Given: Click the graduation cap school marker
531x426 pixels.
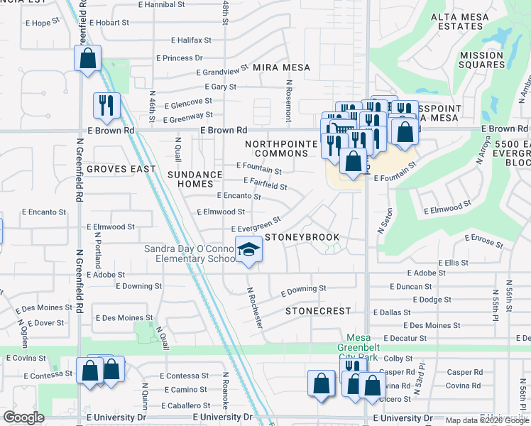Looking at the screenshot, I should coord(248,250).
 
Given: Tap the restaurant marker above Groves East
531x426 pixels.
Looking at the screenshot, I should coord(106,105).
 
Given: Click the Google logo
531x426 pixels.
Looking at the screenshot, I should coord(24,417).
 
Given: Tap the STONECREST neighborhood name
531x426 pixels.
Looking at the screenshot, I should coord(318,311).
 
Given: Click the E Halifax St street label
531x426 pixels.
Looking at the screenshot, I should coord(191,40).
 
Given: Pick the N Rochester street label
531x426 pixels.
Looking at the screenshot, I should coord(256,307).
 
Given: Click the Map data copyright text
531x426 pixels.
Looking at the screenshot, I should coord(487,420).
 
